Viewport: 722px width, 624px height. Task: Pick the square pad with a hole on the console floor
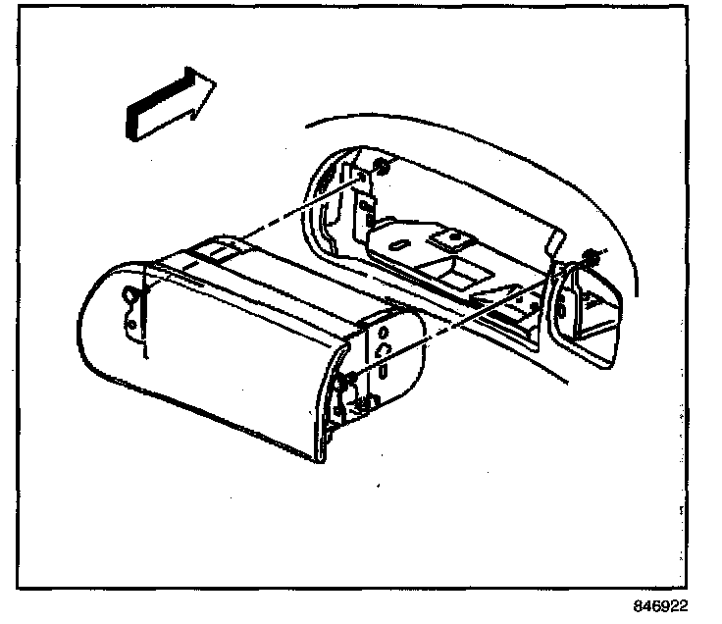451,238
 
